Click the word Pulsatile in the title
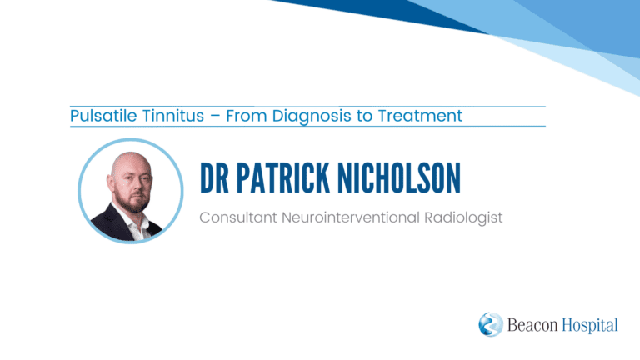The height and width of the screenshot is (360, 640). [103, 116]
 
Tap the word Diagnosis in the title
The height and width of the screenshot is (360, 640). [312, 116]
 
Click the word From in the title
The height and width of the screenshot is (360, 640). [246, 116]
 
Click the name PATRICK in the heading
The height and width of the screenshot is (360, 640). [283, 177]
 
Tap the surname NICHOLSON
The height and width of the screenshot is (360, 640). [399, 177]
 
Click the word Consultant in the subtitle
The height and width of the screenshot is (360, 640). [238, 217]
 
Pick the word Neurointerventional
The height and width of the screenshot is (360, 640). [351, 217]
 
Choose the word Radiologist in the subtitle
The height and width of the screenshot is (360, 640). [463, 217]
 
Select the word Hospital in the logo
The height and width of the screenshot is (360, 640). [590, 325]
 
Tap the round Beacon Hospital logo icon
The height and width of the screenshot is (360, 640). [491, 324]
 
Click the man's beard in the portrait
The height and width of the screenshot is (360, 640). [132, 201]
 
